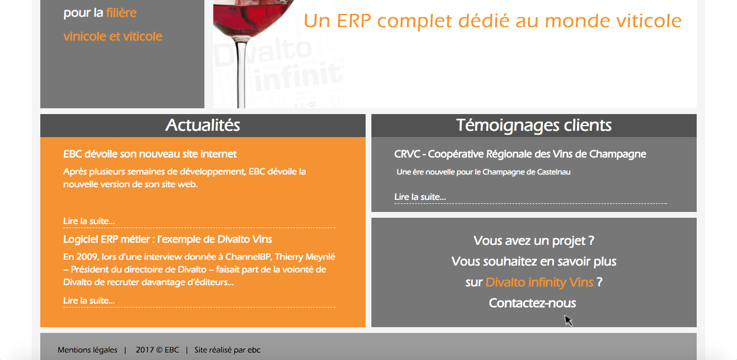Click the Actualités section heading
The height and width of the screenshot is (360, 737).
pyautogui.click(x=203, y=125)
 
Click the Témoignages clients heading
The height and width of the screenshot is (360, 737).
pyautogui.click(x=534, y=126)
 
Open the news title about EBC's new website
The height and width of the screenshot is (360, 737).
pyautogui.click(x=150, y=154)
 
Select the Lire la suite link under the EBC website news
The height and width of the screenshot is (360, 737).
pyautogui.click(x=89, y=221)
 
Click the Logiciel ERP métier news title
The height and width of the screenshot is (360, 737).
pyautogui.click(x=168, y=239)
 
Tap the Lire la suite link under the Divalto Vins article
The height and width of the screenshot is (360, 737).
pyautogui.click(x=89, y=301)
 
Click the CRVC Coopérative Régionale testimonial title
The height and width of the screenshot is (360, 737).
pyautogui.click(x=520, y=154)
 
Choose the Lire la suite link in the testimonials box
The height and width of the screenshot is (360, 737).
pyautogui.click(x=420, y=197)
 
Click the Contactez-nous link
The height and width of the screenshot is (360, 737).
pyautogui.click(x=533, y=303)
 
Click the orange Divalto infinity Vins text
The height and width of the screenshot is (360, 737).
pyautogui.click(x=540, y=282)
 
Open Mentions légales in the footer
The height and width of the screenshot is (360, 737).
pyautogui.click(x=87, y=350)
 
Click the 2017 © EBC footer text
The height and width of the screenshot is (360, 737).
pyautogui.click(x=157, y=350)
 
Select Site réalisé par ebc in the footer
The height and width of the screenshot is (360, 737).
pyautogui.click(x=227, y=350)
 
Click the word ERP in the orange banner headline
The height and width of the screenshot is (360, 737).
pyautogui.click(x=354, y=21)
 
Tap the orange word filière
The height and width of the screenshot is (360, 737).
pyautogui.click(x=121, y=13)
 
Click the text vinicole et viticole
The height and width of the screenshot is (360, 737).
pyautogui.click(x=112, y=36)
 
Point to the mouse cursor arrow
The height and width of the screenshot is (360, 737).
pyautogui.click(x=568, y=320)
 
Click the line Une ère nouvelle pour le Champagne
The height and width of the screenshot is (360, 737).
pyautogui.click(x=483, y=172)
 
